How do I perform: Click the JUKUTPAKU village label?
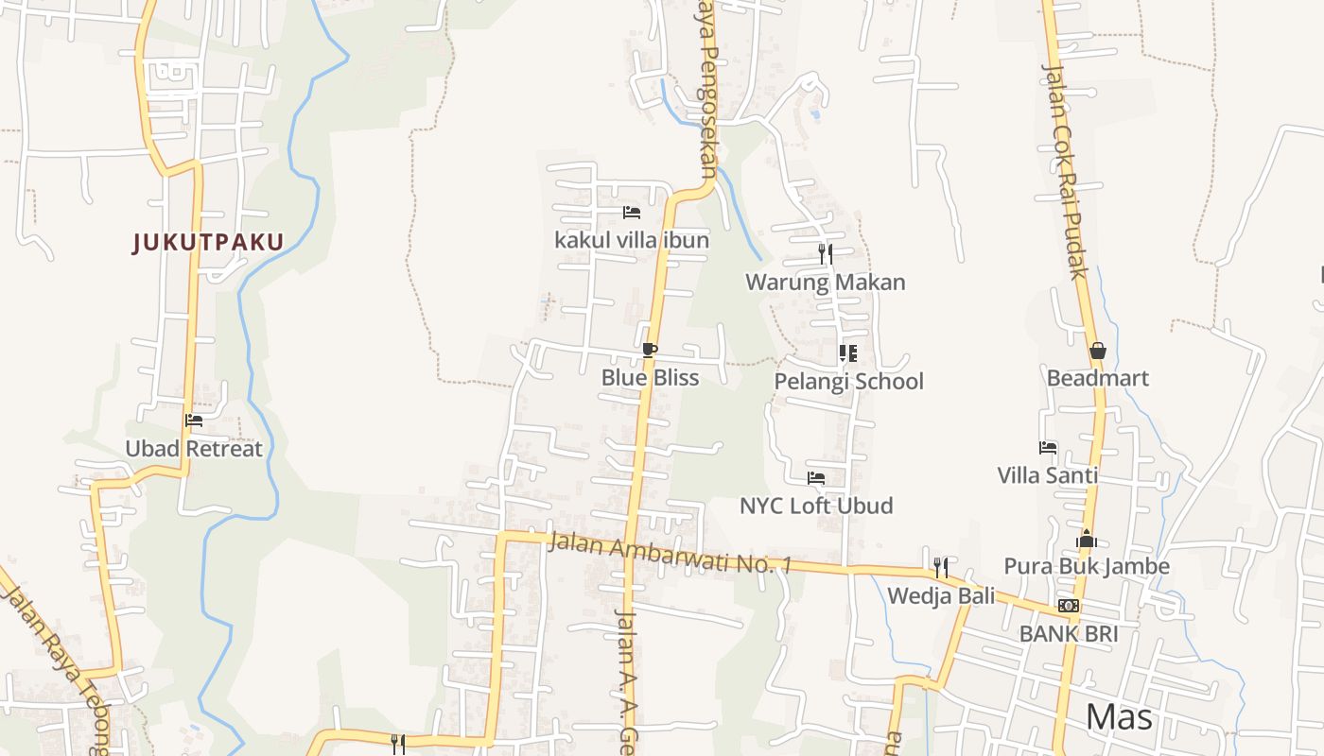tap(208, 243)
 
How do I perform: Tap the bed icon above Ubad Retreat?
tap(194, 421)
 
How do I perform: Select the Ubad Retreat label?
tap(194, 449)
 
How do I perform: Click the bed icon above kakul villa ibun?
tap(632, 213)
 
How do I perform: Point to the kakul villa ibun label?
tap(632, 240)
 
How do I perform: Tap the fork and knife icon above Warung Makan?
tap(826, 253)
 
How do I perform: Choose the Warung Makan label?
tap(826, 282)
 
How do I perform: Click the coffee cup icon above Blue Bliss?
tap(650, 351)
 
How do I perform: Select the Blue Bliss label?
tap(650, 378)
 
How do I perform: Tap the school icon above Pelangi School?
tap(848, 353)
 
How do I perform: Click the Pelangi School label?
tap(848, 382)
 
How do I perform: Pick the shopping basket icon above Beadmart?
tap(1098, 351)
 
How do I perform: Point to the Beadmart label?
tap(1098, 378)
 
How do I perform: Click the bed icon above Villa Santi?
tap(1048, 448)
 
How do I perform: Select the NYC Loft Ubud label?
tap(816, 506)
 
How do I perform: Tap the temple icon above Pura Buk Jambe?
tap(1087, 539)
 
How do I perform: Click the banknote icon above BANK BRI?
tap(1069, 606)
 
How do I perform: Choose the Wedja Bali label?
tap(941, 596)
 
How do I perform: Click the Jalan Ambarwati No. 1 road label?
tap(670, 555)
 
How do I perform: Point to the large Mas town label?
tap(1120, 717)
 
